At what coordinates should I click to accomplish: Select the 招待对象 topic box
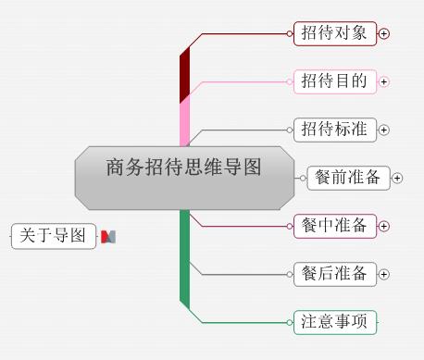click(334, 33)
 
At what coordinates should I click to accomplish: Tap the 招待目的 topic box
click(334, 81)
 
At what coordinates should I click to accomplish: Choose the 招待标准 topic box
click(334, 130)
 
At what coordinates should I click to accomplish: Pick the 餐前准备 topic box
click(348, 178)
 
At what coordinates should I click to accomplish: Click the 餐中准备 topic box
click(334, 226)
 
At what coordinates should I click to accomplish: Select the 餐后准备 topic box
click(334, 274)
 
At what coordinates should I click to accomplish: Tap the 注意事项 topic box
click(334, 322)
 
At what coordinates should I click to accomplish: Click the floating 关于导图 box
click(54, 236)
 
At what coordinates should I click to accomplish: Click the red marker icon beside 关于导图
click(108, 237)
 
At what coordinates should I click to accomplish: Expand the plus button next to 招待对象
click(384, 33)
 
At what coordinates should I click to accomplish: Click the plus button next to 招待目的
click(384, 81)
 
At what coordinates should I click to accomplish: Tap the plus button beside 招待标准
click(384, 130)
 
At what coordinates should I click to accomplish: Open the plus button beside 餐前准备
click(398, 178)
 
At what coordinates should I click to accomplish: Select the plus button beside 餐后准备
click(384, 274)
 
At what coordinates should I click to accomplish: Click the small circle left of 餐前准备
click(303, 178)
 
